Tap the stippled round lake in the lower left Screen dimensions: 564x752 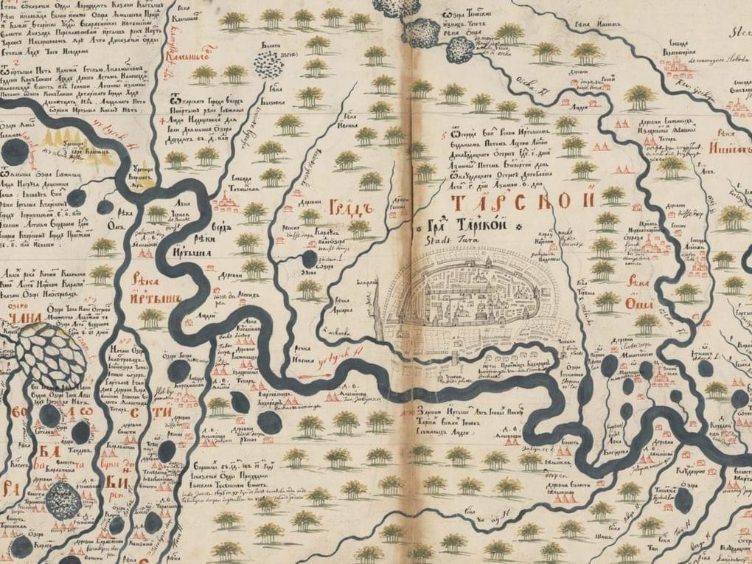click(64, 501)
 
